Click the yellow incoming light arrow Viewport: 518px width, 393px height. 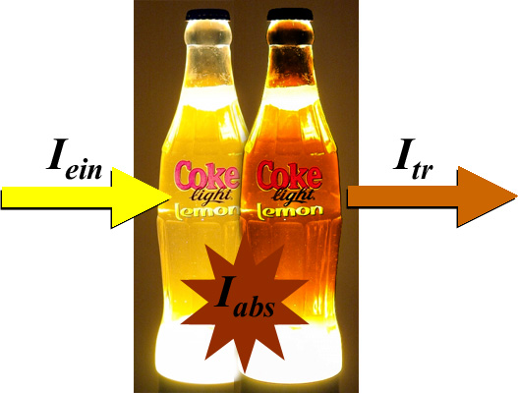(x=86, y=197)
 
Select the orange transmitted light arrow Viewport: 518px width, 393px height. (x=432, y=196)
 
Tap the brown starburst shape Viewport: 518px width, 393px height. (x=245, y=304)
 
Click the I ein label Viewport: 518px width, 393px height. (x=74, y=159)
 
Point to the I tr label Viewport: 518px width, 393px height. (x=413, y=159)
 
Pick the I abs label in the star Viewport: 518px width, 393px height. (x=245, y=298)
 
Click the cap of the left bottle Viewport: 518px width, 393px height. (x=207, y=15)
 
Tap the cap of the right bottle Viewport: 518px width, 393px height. (x=290, y=14)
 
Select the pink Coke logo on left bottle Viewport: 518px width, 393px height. (x=207, y=176)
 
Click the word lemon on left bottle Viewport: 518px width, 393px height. (x=206, y=211)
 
